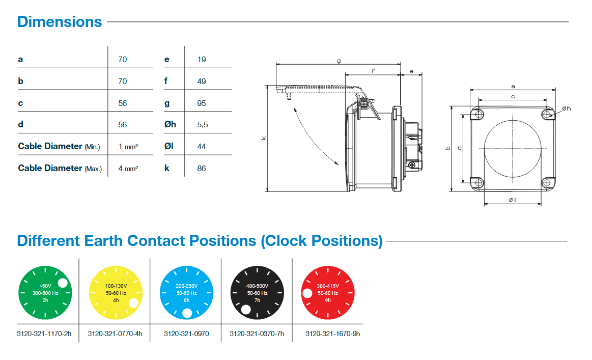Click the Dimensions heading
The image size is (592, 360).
pos(60,22)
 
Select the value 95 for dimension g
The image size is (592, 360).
pos(202,103)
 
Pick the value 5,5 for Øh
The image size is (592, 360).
pos(203,125)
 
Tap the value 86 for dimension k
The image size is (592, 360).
pos(202,168)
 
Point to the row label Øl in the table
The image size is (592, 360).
pos(169,147)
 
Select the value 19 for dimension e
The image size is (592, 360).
pos(202,60)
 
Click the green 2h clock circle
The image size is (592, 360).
pos(45,293)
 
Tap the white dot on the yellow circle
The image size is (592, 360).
pos(133,303)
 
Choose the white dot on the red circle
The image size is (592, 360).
pos(307,293)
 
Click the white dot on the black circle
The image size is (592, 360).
pos(246,309)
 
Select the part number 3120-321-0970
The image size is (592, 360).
pos(186,334)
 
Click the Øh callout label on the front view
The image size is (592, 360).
pos(567,108)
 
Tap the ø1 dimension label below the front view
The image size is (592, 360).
pos(513,200)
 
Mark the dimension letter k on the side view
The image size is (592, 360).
pos(263,138)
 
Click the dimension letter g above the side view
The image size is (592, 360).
pos(339,61)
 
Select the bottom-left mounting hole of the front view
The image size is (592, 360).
pos(477,183)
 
